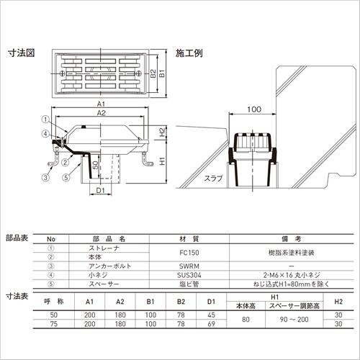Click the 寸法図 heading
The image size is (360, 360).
tap(22, 53)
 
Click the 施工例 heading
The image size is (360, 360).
tap(189, 53)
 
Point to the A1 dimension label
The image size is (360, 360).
tap(101, 104)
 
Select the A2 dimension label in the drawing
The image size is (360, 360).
tap(102, 112)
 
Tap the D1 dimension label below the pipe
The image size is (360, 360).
tap(101, 190)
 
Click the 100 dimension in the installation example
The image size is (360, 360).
tap(254, 109)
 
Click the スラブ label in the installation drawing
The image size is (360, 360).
tap(213, 179)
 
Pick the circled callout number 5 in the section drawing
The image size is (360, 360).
tap(66, 177)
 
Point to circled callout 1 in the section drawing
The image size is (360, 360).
tap(45, 120)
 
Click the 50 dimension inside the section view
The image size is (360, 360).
tap(96, 165)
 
